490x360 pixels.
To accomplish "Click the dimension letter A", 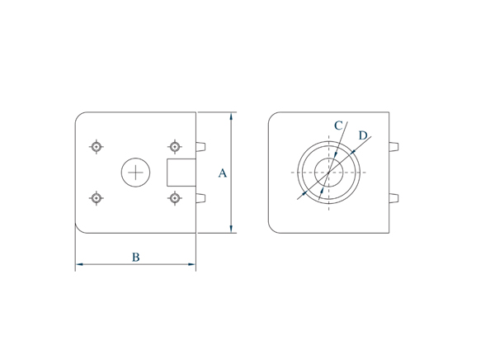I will click(222, 173).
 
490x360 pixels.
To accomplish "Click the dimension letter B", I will click(135, 258).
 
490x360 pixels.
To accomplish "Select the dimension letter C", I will click(338, 126).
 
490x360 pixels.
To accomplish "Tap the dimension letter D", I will click(363, 135).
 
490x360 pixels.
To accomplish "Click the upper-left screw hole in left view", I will click(97, 147).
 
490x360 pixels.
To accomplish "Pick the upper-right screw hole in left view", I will click(174, 147).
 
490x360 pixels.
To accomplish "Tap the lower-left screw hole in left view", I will click(97, 198).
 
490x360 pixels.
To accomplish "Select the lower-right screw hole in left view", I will click(174, 198).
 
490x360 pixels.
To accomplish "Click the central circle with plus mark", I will click(135, 173).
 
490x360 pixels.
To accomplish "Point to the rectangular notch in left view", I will click(181, 173).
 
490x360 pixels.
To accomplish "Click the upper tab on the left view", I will click(200, 147).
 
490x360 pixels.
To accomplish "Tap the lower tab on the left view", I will click(200, 198).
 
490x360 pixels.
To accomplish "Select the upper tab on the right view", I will click(393, 147).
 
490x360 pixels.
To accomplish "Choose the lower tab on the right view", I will click(393, 198).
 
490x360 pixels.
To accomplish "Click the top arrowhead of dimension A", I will click(231, 116).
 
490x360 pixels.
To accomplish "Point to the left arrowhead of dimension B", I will click(80, 265).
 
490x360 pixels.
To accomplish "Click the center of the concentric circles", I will click(329, 173).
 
